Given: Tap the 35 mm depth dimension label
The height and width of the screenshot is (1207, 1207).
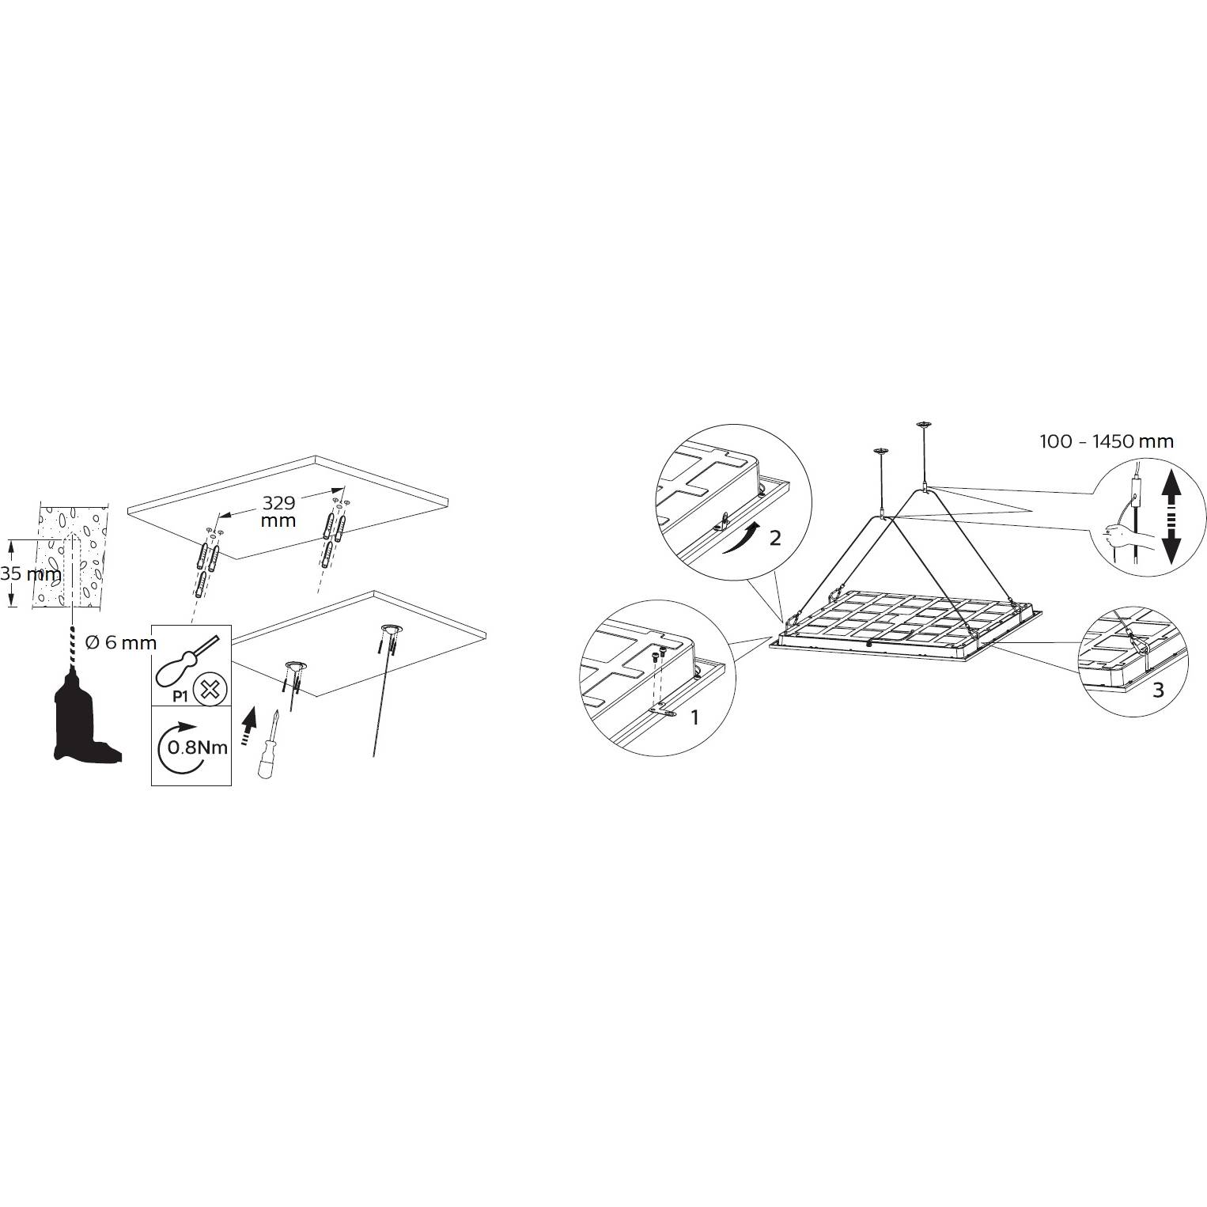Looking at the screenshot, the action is [31, 574].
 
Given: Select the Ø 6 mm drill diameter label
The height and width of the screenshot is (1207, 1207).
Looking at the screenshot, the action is [120, 643].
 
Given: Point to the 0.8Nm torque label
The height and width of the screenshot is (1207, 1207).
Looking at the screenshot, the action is [198, 746].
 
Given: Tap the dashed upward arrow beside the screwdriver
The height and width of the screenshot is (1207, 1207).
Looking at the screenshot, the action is [248, 724].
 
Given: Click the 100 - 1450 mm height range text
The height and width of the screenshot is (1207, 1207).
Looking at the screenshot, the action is [1107, 441].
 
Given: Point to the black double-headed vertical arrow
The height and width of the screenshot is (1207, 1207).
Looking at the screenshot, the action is [1171, 517].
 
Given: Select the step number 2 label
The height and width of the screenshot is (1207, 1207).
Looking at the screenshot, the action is [775, 538].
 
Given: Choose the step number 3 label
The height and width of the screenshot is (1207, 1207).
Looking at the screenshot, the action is [1158, 690].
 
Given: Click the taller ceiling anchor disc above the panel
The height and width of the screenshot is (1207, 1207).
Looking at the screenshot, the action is [921, 426].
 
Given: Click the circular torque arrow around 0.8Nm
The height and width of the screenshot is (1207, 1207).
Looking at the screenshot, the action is [176, 747].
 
